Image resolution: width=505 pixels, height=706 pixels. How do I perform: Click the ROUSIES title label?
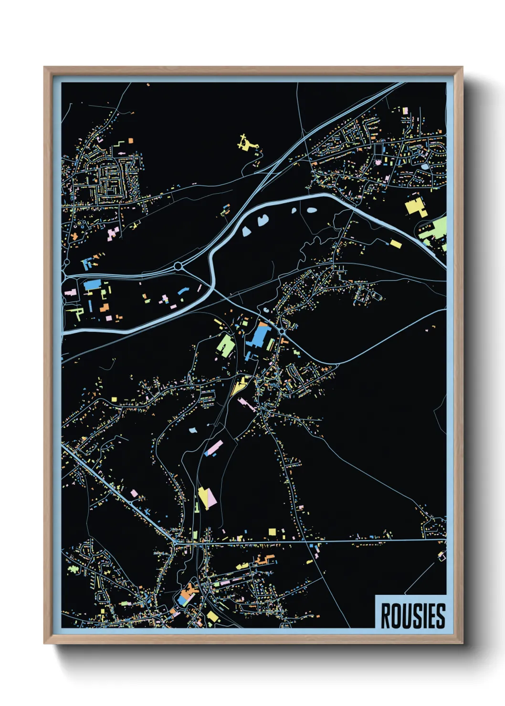413,616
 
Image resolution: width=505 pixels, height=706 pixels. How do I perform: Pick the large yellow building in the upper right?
416,208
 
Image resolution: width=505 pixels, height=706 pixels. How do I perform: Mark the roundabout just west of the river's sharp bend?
178,266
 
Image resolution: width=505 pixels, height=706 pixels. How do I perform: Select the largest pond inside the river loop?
262,221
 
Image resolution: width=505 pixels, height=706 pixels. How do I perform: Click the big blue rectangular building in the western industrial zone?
92,285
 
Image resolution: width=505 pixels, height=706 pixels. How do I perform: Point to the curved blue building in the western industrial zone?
183,291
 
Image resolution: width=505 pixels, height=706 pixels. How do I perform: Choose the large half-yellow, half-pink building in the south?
207,498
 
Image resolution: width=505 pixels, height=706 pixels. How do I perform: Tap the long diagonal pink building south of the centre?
214,447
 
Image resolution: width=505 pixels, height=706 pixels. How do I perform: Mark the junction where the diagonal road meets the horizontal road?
176,542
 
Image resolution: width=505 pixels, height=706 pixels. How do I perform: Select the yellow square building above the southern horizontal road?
272,531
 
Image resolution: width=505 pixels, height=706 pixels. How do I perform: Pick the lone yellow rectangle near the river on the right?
395,244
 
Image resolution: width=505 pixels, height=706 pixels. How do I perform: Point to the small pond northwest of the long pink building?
192,430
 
